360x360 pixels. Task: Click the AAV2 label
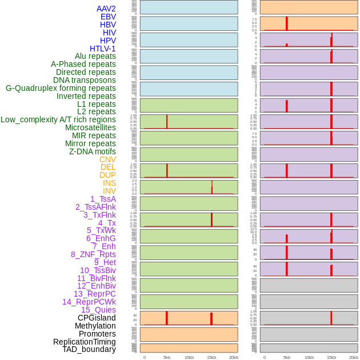click(x=106, y=9)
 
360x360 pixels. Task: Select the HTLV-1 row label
click(x=102, y=49)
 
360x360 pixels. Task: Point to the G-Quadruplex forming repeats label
click(x=61, y=88)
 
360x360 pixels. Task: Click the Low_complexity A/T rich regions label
click(x=58, y=119)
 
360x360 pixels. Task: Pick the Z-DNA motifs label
click(x=92, y=151)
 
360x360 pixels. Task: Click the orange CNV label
click(x=107, y=159)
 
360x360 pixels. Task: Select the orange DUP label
click(x=107, y=175)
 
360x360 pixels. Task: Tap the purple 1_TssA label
click(x=103, y=199)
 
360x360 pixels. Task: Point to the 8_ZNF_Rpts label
click(x=93, y=254)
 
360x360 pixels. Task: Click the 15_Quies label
click(x=98, y=310)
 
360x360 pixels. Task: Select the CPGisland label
click(x=97, y=318)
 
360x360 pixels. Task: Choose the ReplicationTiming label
click(x=84, y=342)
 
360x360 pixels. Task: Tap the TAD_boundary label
click(x=89, y=349)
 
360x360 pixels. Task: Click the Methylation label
click(x=95, y=326)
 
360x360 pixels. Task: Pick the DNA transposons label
click(x=84, y=80)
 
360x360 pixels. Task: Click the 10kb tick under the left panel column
click(x=189, y=357)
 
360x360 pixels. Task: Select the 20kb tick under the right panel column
click(x=354, y=357)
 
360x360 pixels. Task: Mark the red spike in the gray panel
click(x=331, y=318)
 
